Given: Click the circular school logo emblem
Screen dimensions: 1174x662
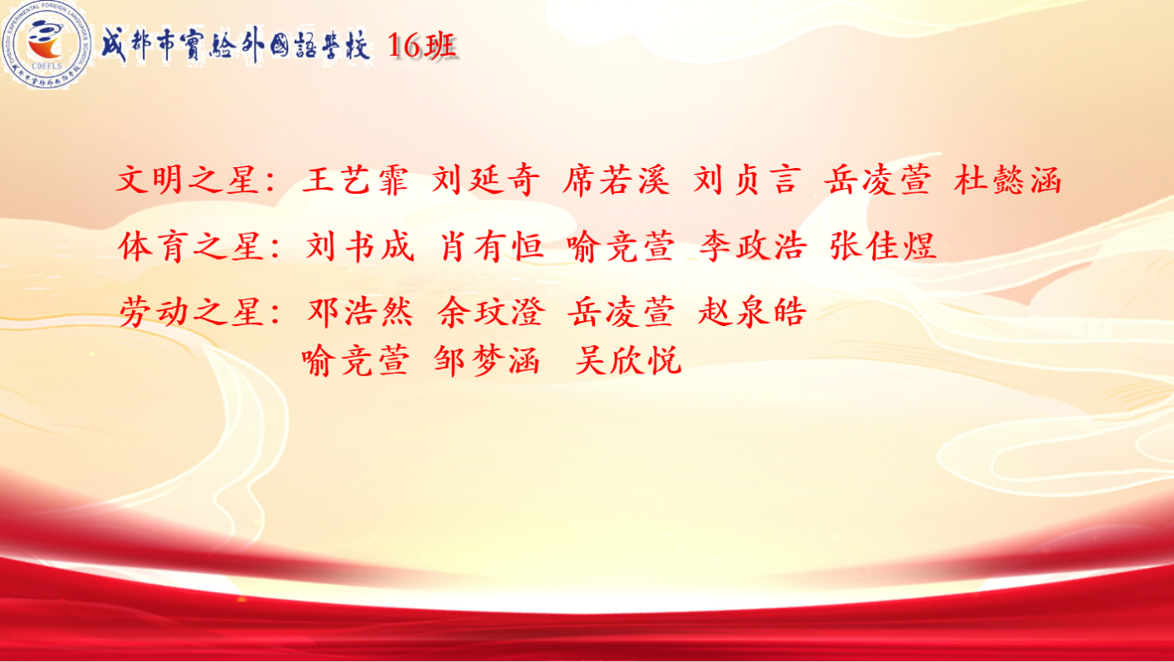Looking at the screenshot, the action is point(47,44).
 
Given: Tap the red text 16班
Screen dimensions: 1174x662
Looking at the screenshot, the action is point(422,46).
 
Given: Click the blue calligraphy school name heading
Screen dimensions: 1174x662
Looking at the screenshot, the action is point(236,46).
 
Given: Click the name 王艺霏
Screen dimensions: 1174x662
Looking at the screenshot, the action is point(355,181).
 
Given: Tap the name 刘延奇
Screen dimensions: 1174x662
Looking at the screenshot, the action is point(485,181).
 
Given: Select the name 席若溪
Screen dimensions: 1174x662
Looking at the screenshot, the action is point(617,181).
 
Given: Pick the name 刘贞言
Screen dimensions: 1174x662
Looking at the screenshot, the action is point(747,181).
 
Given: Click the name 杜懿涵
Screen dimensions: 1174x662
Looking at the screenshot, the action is point(1008,181).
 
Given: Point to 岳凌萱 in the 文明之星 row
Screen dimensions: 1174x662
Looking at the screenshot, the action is point(877,181).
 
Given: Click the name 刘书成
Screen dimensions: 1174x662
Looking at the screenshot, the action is point(360,247).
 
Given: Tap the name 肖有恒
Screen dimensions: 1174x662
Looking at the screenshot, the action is point(490,247).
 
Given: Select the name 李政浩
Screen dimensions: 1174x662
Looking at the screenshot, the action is point(753,247).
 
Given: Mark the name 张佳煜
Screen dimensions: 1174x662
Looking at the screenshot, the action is point(883,247).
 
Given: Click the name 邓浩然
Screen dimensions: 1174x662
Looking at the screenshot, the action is point(361,312).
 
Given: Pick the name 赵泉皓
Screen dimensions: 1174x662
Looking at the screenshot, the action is point(751,312).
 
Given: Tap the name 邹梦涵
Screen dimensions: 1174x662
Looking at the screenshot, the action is point(487,360).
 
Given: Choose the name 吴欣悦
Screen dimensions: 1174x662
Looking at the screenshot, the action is point(628,360).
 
